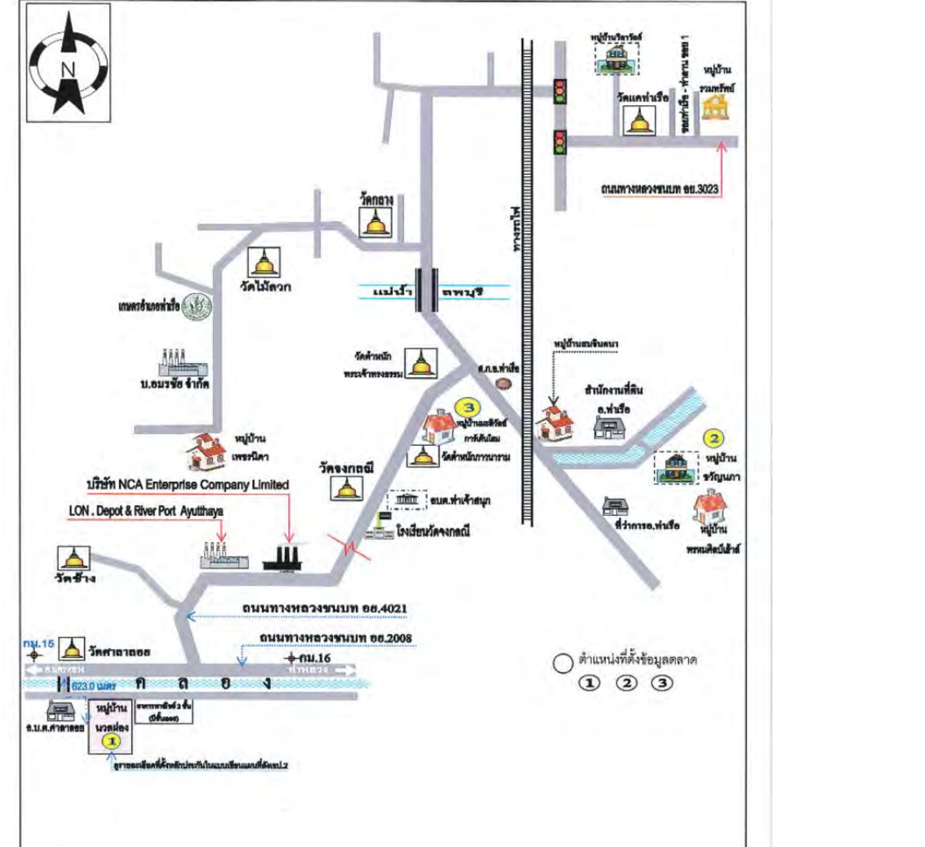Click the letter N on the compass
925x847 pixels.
(x=68, y=70)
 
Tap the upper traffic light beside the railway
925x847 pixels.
(x=560, y=91)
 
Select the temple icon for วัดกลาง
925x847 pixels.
(x=375, y=222)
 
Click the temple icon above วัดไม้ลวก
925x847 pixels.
(x=264, y=262)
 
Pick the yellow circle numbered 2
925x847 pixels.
(x=714, y=438)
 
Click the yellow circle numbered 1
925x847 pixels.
(x=112, y=741)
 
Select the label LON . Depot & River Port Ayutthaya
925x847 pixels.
(x=146, y=511)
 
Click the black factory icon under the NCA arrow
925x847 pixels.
(x=282, y=558)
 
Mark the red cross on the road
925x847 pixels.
(x=350, y=547)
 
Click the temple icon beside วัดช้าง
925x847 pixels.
(x=74, y=558)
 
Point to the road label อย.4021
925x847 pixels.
(x=324, y=608)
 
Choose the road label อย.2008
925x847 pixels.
(x=336, y=638)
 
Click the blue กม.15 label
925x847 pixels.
(x=38, y=644)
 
